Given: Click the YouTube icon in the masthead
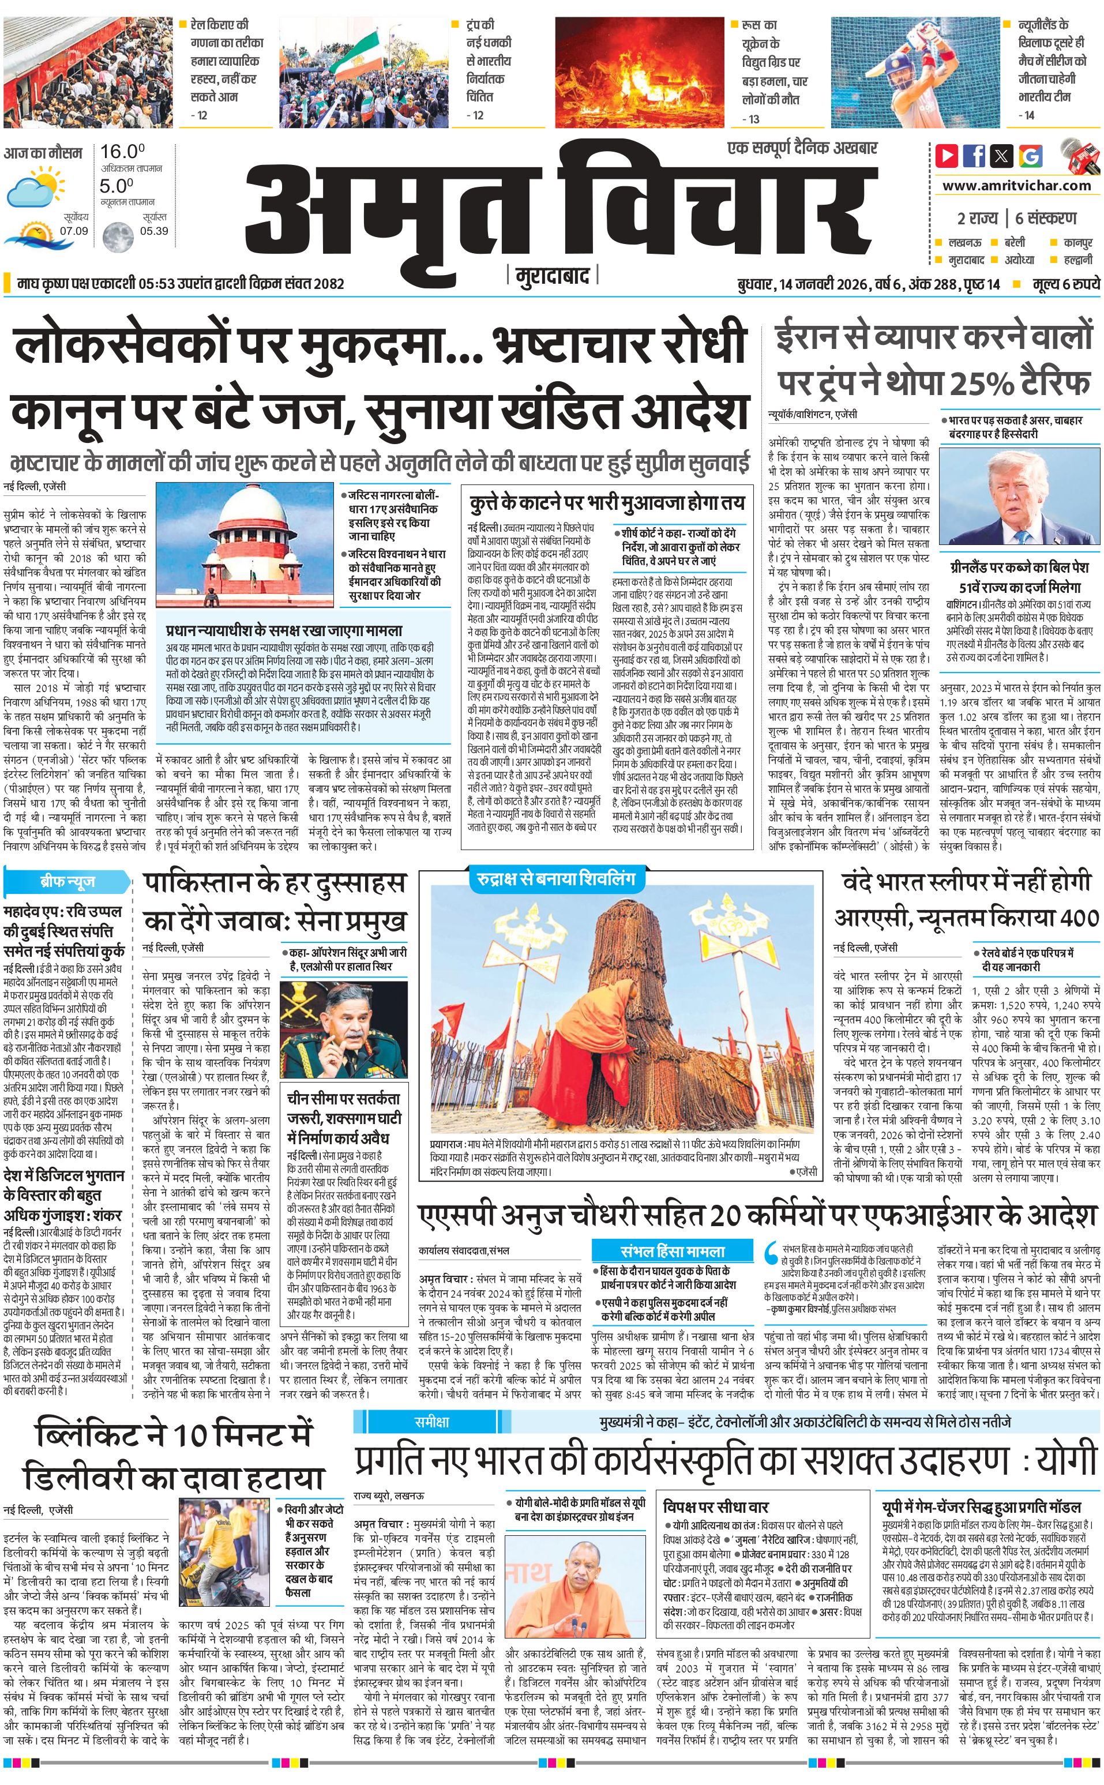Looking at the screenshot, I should pyautogui.click(x=947, y=156).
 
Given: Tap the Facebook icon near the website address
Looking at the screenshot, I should pyautogui.click(x=974, y=156).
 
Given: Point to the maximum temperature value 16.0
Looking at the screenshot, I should pyautogui.click(x=123, y=152).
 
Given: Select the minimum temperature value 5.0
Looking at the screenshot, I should pyautogui.click(x=117, y=186).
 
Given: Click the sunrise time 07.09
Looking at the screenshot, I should pyautogui.click(x=74, y=231).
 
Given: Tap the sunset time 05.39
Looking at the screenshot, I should pyautogui.click(x=154, y=231).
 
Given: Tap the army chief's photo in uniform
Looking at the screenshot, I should pyautogui.click(x=343, y=1030).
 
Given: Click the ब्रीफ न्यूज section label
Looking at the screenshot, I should pyautogui.click(x=67, y=882).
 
